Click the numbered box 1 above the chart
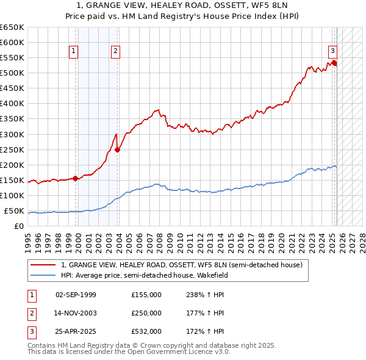click(x=73, y=52)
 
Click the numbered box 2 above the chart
click(x=115, y=52)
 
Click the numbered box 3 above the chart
click(x=333, y=51)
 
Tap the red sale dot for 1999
click(x=76, y=178)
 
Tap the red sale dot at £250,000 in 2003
click(x=118, y=149)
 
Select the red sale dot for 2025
click(x=335, y=63)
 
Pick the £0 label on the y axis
click(x=19, y=226)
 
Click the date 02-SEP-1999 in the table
click(x=76, y=295)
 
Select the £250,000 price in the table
click(x=146, y=314)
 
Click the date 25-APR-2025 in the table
click(x=76, y=333)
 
